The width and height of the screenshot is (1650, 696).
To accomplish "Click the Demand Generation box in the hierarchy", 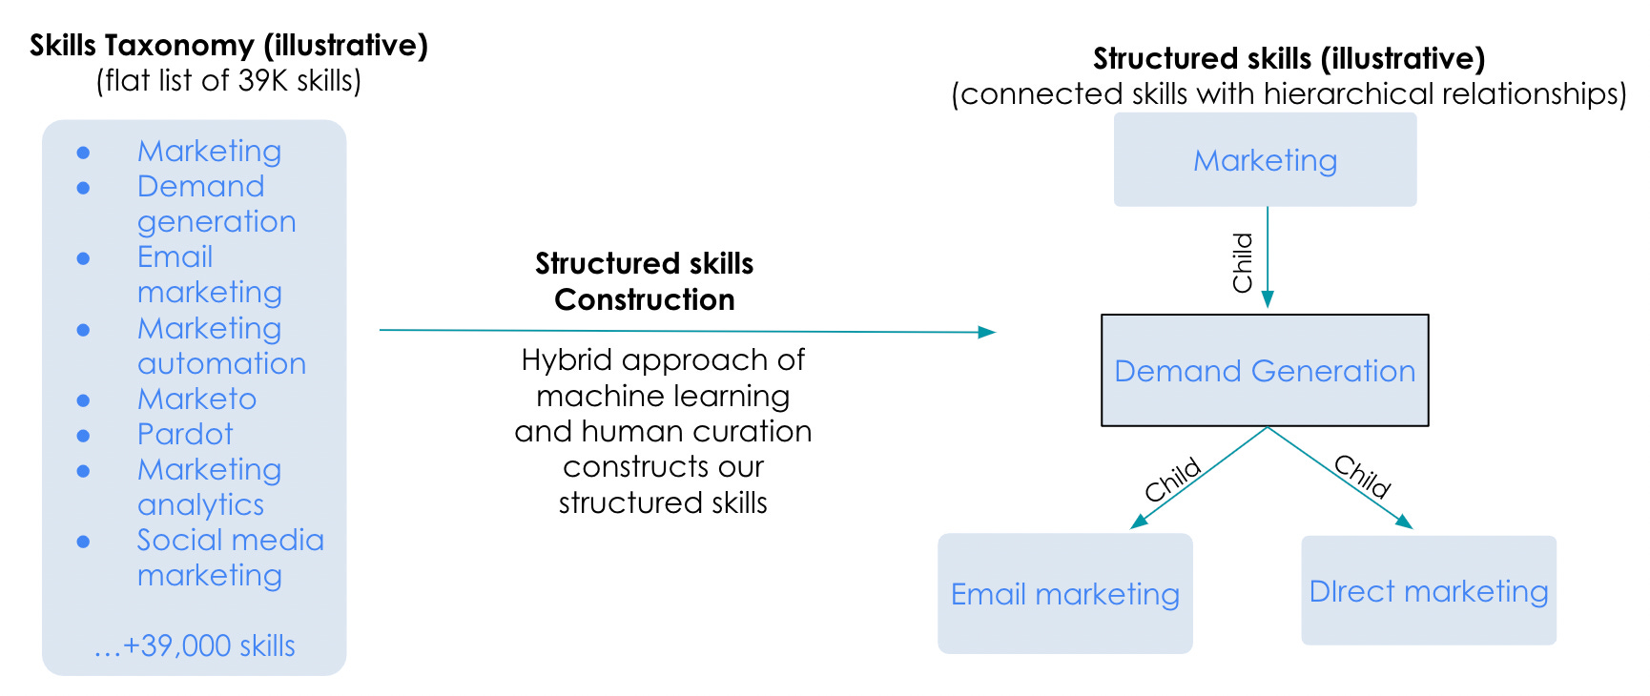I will [x=1265, y=370].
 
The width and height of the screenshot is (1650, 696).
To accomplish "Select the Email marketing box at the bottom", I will [x=1064, y=593].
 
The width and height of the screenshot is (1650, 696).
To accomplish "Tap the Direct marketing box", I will [x=1428, y=590].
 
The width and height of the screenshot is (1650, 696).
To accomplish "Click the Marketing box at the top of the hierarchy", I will [x=1265, y=159].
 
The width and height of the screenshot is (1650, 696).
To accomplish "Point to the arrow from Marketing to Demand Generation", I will [x=1268, y=257].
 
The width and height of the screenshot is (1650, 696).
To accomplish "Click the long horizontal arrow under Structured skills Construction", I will [x=687, y=331].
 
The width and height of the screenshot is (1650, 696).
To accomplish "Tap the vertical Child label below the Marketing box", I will [x=1243, y=262].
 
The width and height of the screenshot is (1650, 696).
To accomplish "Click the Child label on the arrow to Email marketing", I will [x=1172, y=480].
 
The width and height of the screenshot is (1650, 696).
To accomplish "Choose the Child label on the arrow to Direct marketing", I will [x=1363, y=476].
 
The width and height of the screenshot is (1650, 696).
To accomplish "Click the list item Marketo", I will [x=196, y=399].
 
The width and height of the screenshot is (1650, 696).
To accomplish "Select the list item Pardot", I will [x=185, y=434].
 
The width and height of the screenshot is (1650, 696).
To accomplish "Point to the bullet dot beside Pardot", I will [x=84, y=436].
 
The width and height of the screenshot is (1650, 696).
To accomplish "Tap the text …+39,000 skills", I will [x=195, y=645].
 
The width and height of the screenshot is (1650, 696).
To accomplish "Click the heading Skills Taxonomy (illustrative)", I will [x=229, y=45].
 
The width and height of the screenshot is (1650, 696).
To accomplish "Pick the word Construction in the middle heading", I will [x=645, y=299].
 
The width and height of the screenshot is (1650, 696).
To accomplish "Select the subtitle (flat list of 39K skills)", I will [x=229, y=80].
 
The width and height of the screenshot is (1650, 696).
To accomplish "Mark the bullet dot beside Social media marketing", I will [x=84, y=542].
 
